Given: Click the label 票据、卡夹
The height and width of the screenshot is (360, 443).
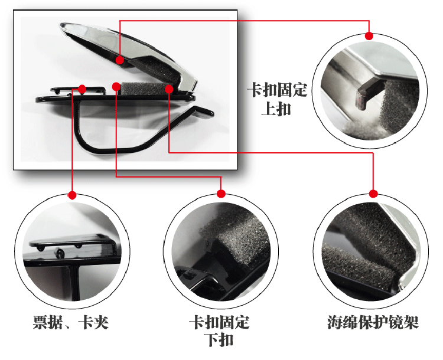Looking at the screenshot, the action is (71, 322).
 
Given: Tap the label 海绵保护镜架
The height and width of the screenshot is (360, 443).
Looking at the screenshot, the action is (373, 322).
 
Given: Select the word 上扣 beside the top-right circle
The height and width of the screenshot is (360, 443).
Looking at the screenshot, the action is (276, 109).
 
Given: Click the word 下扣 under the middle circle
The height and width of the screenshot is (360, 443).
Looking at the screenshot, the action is (219, 340).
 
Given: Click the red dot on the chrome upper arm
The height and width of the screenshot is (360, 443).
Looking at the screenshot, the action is (120, 60).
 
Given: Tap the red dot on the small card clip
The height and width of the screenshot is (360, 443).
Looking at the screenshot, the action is (82, 89).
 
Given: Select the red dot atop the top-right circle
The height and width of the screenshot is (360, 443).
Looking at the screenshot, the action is (369, 36).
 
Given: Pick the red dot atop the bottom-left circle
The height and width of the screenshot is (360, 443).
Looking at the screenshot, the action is (72, 195).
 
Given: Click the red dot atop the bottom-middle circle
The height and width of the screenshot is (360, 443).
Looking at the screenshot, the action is (221, 194).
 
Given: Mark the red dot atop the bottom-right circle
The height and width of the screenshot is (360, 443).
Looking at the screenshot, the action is (373, 194).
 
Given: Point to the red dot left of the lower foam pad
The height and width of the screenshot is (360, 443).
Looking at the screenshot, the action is (116, 87).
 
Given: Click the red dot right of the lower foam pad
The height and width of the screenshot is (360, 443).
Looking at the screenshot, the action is (169, 89).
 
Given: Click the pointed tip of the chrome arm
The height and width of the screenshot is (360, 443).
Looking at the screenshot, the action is (61, 25).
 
